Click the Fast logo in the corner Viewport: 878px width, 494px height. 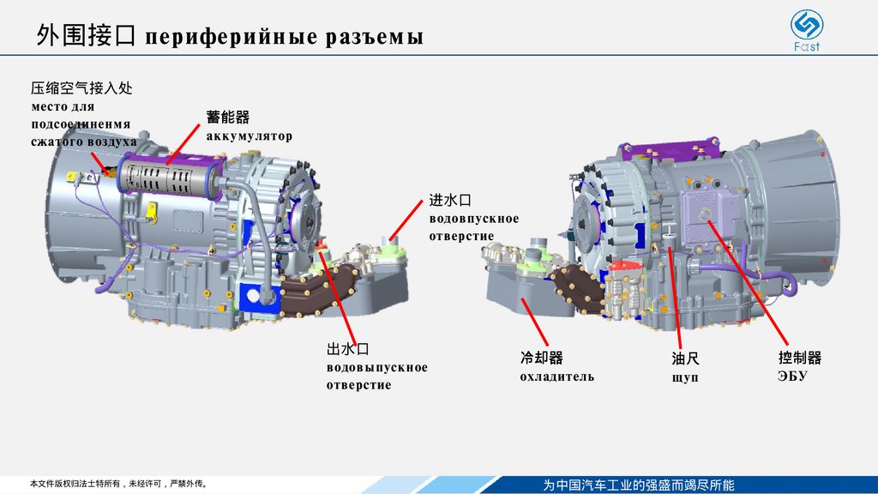(805, 29)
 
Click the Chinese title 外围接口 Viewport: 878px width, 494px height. (86, 36)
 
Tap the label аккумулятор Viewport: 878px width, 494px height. (249, 136)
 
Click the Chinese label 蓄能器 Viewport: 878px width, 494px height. (227, 117)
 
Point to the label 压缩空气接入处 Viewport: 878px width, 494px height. (81, 88)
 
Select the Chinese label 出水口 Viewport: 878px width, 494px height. (347, 350)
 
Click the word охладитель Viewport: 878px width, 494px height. (556, 377)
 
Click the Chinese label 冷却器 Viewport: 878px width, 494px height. (541, 358)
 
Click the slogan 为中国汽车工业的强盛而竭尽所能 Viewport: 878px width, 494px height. (639, 485)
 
